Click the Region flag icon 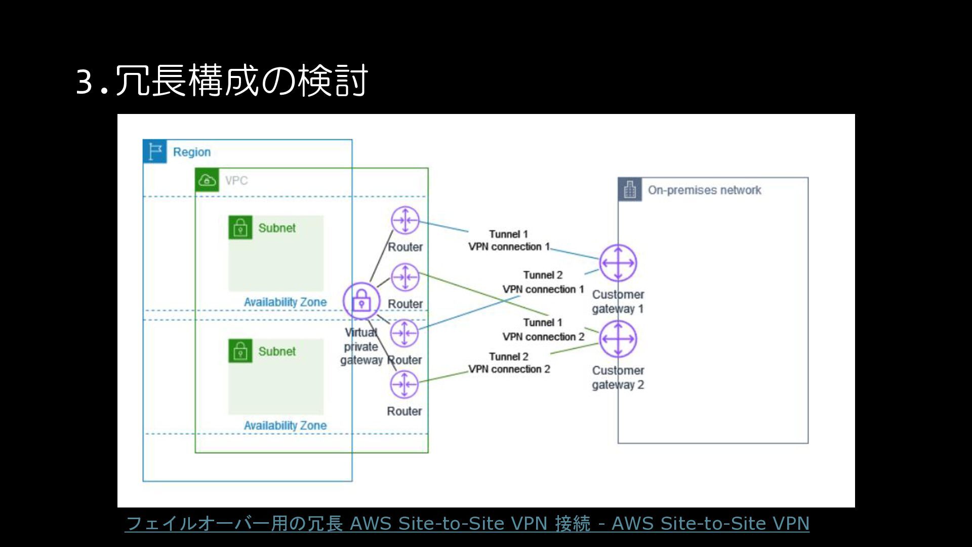[x=155, y=151]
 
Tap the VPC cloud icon [x=207, y=180]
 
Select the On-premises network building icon [x=630, y=190]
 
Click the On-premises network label [x=704, y=190]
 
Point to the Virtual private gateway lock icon [x=361, y=301]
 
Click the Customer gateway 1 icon [x=618, y=263]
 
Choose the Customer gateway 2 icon [x=618, y=339]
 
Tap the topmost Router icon [x=405, y=220]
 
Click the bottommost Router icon [x=404, y=384]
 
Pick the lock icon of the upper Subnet [x=240, y=227]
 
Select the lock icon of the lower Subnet [x=240, y=351]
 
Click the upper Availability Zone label [x=285, y=302]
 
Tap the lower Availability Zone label [x=285, y=425]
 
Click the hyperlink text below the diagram [x=467, y=523]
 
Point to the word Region [x=191, y=152]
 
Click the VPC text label [x=236, y=180]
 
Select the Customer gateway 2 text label [x=618, y=377]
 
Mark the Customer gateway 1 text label [x=618, y=301]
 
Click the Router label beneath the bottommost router [x=404, y=411]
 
